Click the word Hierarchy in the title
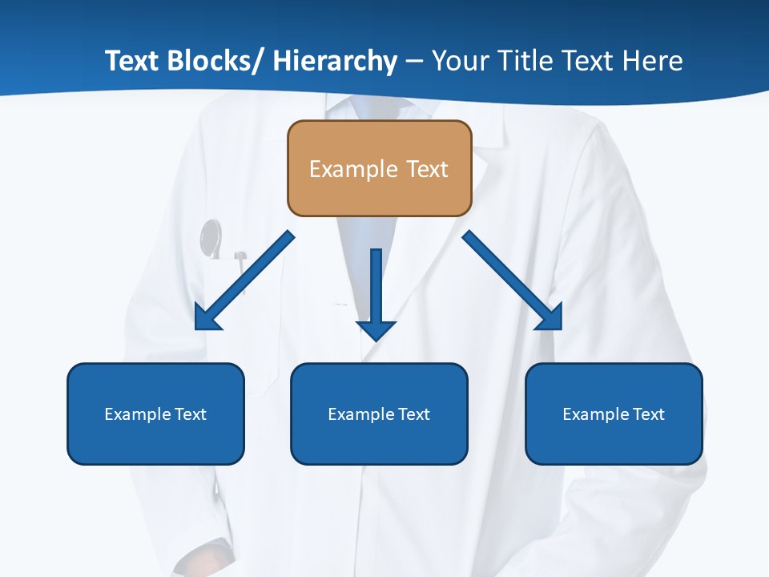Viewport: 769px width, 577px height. click(335, 62)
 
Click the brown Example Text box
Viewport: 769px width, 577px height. click(379, 168)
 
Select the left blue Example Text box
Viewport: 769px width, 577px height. click(155, 414)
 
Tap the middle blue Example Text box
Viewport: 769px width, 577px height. click(379, 414)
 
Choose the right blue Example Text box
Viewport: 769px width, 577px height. click(614, 414)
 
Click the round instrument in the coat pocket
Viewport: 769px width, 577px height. click(211, 238)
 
